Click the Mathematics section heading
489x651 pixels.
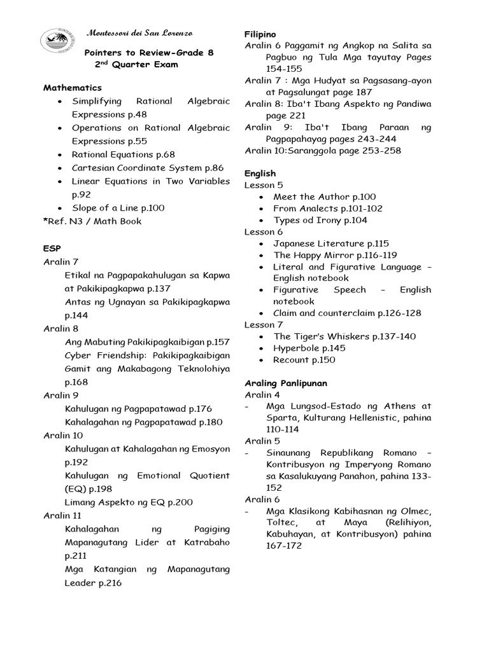click(x=73, y=88)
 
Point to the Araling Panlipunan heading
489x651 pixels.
click(x=287, y=383)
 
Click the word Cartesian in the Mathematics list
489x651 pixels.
click(x=96, y=168)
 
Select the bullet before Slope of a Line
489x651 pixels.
click(x=59, y=208)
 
